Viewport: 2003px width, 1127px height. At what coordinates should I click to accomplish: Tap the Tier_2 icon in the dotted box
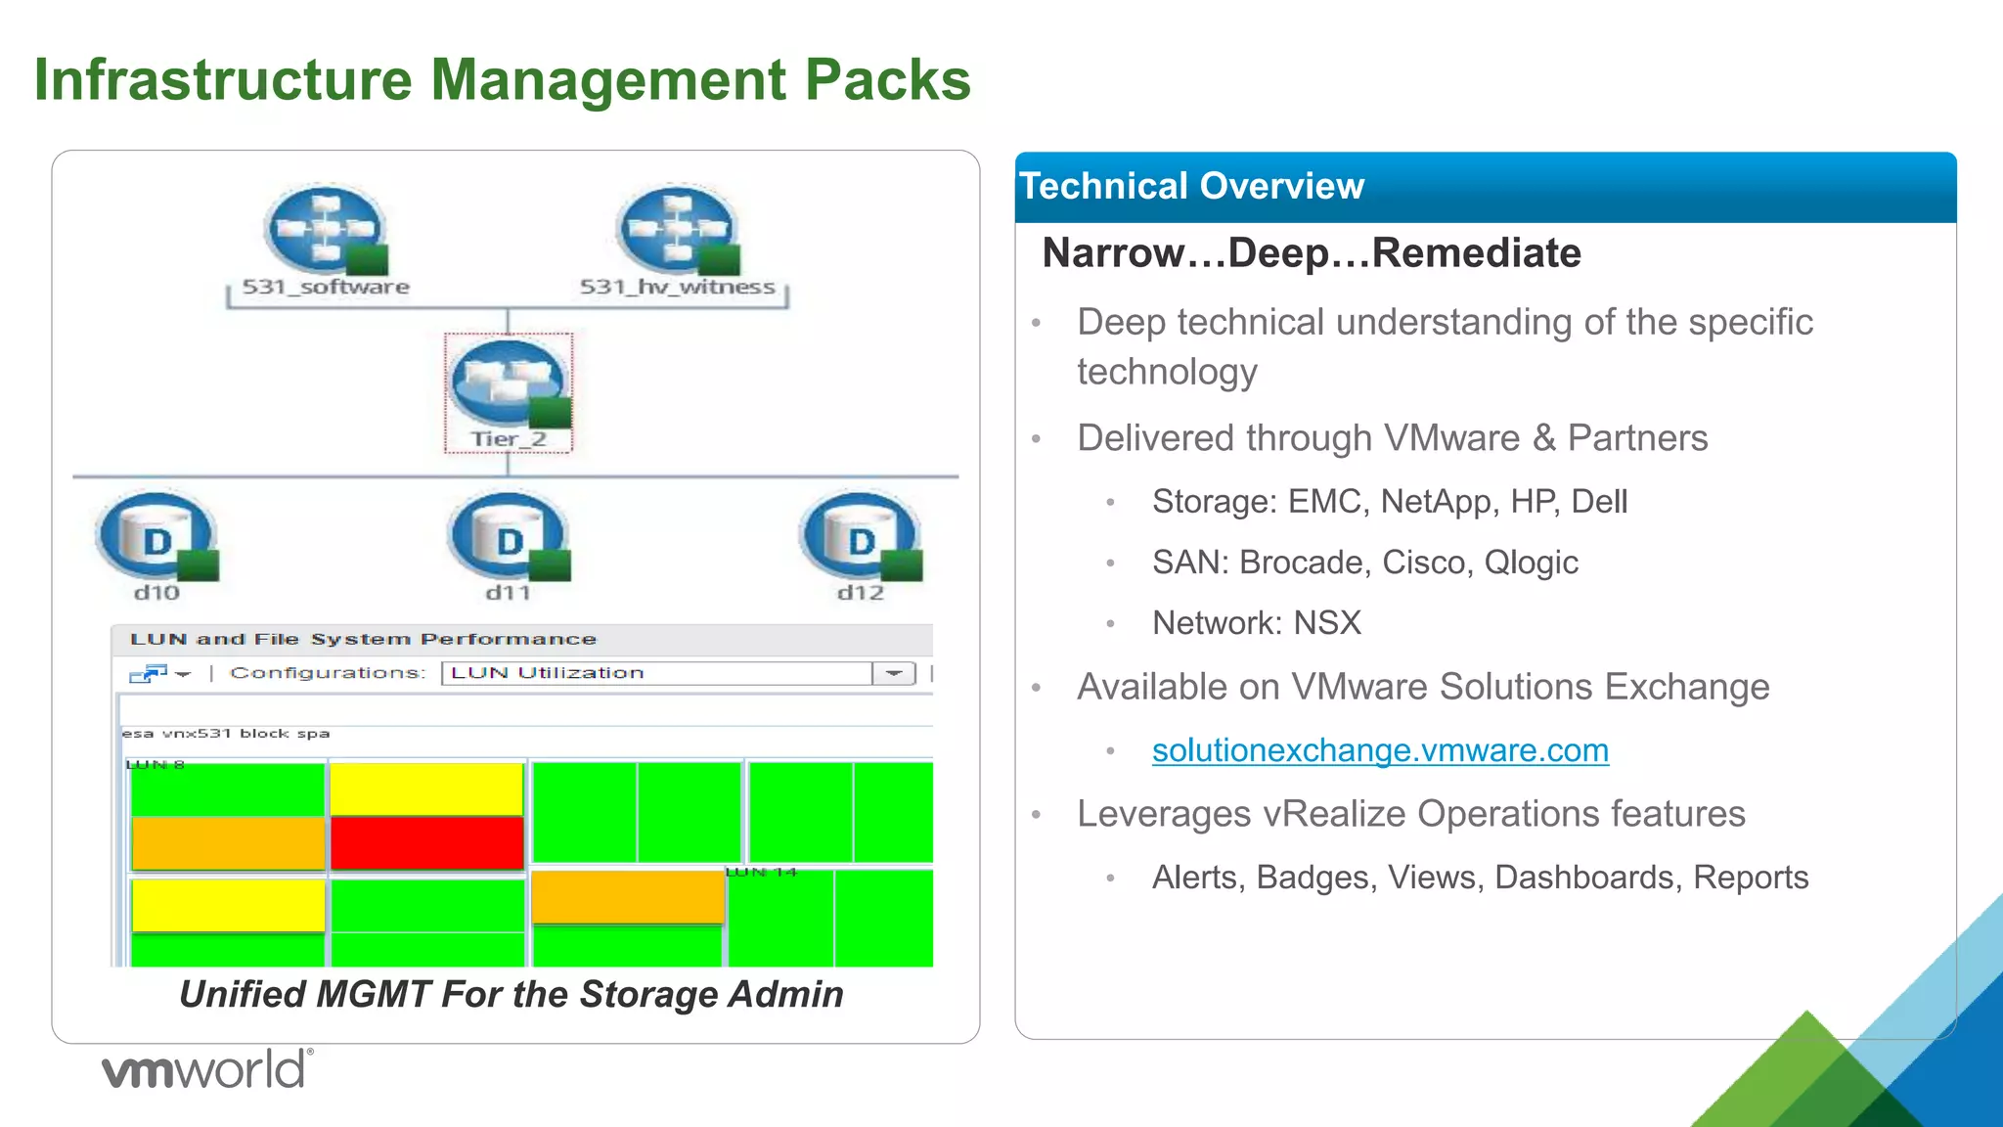coord(509,383)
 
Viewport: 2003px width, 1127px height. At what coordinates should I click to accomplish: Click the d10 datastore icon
coord(156,537)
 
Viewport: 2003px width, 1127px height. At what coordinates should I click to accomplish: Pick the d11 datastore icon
coord(509,537)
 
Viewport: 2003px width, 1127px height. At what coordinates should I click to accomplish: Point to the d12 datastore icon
coord(861,537)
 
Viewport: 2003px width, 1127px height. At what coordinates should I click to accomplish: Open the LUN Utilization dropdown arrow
coord(894,673)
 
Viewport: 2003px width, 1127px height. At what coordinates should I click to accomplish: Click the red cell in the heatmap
coord(427,842)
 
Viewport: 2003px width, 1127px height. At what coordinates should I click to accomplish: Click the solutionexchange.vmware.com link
coord(1380,750)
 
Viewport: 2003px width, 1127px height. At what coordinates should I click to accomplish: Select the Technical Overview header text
coord(1191,186)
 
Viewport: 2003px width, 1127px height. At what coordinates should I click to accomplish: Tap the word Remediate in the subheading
coord(1476,253)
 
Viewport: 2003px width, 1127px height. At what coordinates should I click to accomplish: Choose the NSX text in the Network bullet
coord(1327,623)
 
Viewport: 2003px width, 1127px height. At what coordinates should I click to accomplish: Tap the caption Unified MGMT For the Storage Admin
coord(511,994)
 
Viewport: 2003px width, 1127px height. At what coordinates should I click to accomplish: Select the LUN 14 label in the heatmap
coord(761,872)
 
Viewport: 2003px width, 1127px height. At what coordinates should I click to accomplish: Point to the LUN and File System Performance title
coord(363,640)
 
